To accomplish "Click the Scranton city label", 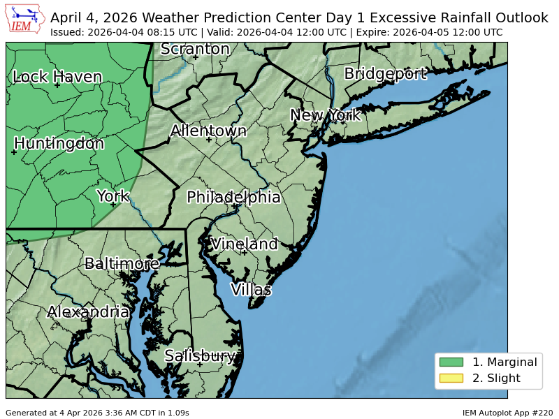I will [x=195, y=49].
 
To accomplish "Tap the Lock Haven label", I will [x=57, y=77].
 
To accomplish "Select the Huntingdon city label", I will [x=59, y=143].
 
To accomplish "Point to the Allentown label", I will [x=208, y=131].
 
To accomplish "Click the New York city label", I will [x=325, y=115].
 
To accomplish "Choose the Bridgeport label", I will [x=385, y=73].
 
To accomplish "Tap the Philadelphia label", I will [x=233, y=197].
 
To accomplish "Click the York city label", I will [x=112, y=196].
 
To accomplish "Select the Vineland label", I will [x=244, y=244].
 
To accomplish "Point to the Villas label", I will [x=251, y=289].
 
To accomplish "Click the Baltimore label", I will [x=122, y=263].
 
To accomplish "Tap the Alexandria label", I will [x=88, y=311].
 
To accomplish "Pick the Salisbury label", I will [x=200, y=355].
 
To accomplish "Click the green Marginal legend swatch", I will [x=451, y=362].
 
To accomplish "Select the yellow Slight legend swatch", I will [x=451, y=378].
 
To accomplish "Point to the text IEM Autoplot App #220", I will [x=507, y=413].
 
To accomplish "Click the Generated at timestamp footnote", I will [x=97, y=413].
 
